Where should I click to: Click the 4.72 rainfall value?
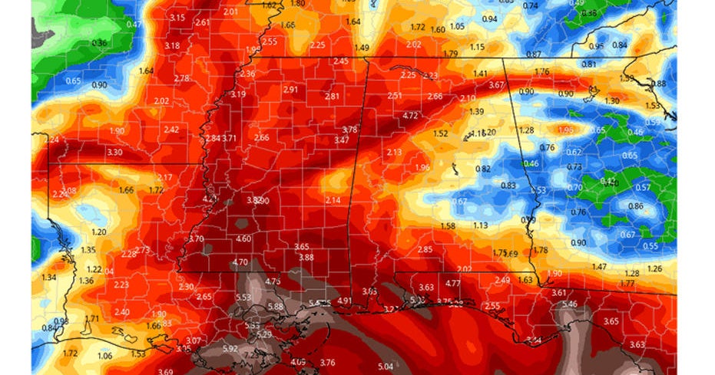(x=410, y=116)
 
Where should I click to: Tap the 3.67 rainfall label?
(x=496, y=85)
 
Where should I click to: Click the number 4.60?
(x=243, y=238)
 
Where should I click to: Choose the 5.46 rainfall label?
(x=570, y=304)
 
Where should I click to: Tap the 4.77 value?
(x=452, y=283)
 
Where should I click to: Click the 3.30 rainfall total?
(x=114, y=153)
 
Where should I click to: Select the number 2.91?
(x=290, y=90)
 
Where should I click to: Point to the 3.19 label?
(x=237, y=95)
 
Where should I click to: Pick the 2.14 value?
(x=333, y=200)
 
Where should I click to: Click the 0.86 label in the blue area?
(x=636, y=206)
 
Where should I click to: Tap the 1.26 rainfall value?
(x=654, y=268)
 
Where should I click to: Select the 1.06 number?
(x=105, y=355)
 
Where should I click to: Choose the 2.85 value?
(x=425, y=249)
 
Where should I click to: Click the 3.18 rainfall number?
(x=172, y=46)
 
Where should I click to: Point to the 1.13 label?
(x=481, y=225)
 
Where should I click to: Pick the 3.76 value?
(x=327, y=363)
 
